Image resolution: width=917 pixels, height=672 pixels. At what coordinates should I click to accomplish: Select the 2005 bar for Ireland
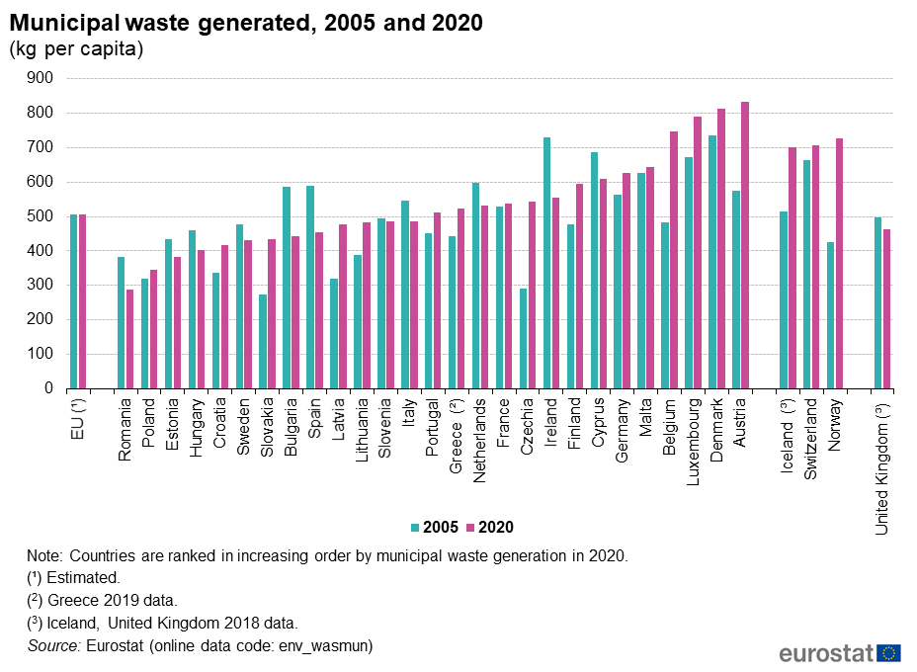(546, 263)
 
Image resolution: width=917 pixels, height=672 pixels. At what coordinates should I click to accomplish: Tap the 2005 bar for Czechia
(524, 338)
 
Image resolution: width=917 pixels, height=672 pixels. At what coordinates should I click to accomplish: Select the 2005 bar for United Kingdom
(878, 302)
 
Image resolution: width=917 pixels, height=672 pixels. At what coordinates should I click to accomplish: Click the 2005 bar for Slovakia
(263, 341)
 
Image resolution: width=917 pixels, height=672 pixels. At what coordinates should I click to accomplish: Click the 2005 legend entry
(434, 528)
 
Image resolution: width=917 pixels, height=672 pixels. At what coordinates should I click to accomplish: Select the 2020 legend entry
(489, 528)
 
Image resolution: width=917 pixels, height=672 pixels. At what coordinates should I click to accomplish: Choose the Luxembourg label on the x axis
(694, 439)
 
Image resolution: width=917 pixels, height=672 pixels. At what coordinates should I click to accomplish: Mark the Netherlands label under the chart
(480, 440)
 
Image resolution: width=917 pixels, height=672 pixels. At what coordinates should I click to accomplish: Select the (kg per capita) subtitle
(77, 49)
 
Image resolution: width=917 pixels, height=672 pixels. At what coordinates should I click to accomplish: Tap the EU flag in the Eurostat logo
(889, 652)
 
